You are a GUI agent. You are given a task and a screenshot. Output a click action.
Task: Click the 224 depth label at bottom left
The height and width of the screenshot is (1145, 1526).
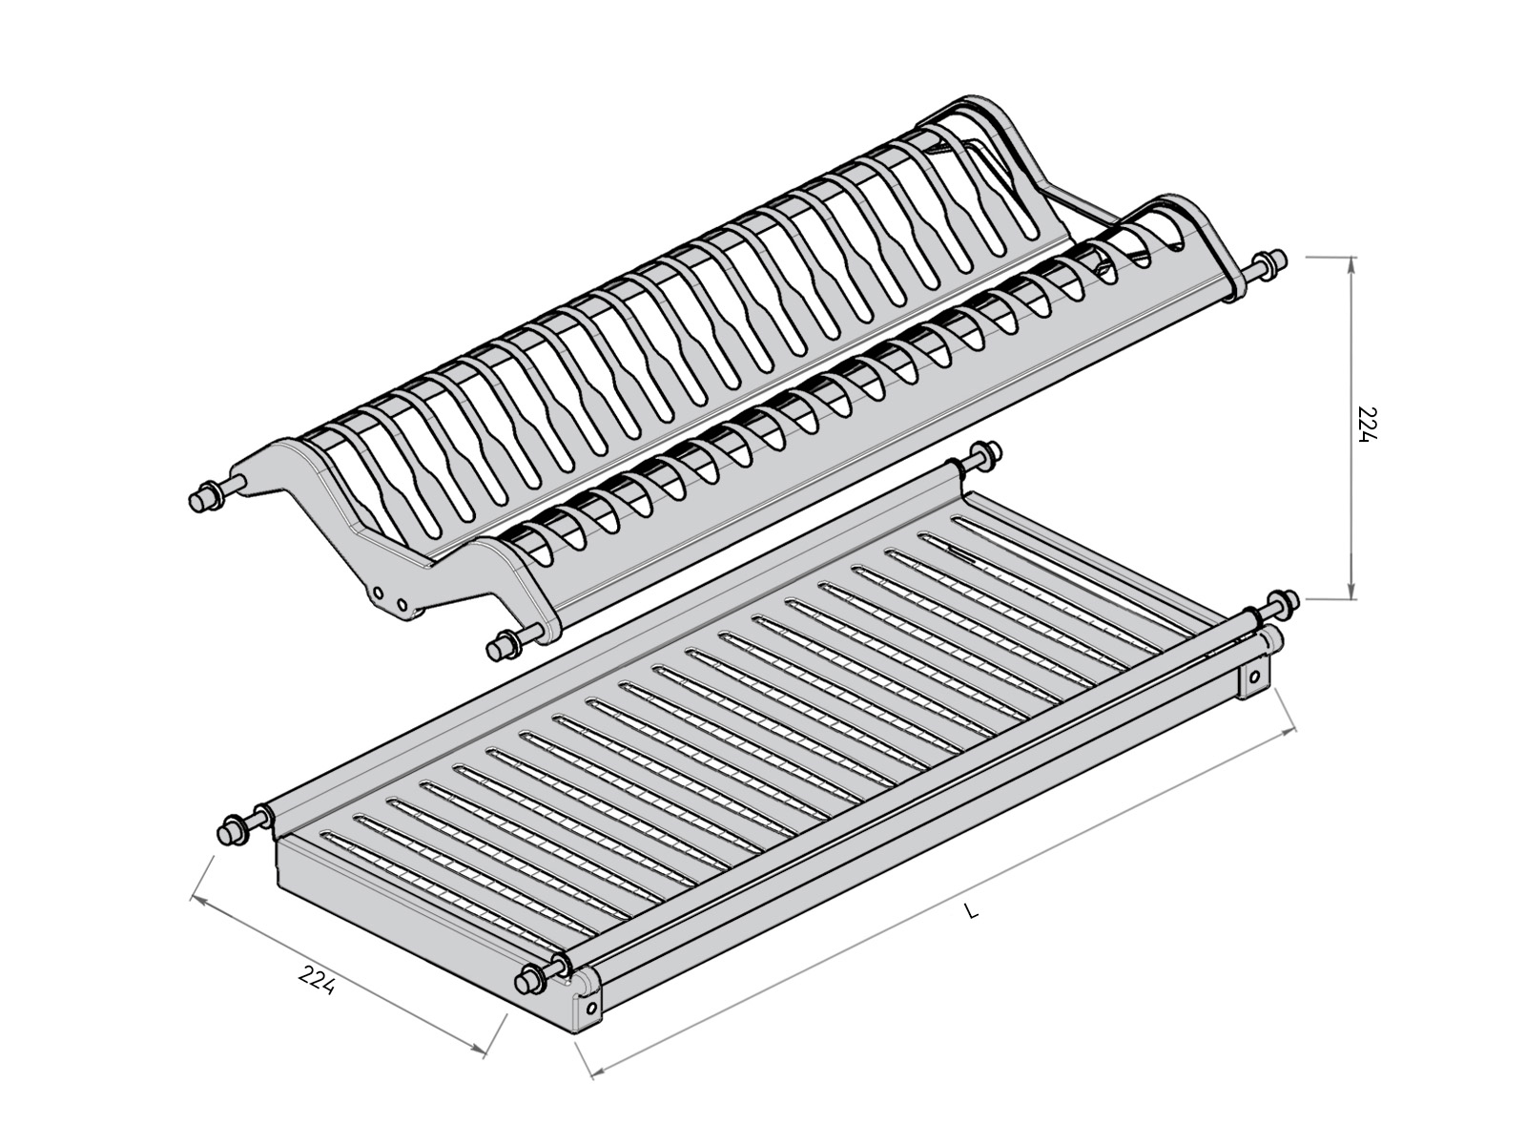tap(317, 981)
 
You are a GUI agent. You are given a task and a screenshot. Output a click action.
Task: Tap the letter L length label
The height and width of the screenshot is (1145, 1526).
tap(971, 912)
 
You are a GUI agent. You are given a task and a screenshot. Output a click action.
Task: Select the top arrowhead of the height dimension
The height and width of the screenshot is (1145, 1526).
tap(1351, 265)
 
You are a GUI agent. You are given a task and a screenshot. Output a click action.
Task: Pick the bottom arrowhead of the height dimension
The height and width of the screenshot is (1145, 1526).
tap(1351, 592)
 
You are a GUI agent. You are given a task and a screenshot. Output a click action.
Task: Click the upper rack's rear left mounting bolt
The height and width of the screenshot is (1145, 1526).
tap(202, 498)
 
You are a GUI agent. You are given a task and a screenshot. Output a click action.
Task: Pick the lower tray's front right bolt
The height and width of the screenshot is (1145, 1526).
tap(1280, 602)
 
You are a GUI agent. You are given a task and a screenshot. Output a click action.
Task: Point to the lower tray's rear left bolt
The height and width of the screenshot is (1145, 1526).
tap(233, 830)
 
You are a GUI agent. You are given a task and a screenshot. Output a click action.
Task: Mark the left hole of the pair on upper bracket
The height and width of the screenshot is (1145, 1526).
tap(379, 593)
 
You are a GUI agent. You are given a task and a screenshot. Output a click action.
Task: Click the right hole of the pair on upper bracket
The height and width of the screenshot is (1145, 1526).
tap(401, 603)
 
